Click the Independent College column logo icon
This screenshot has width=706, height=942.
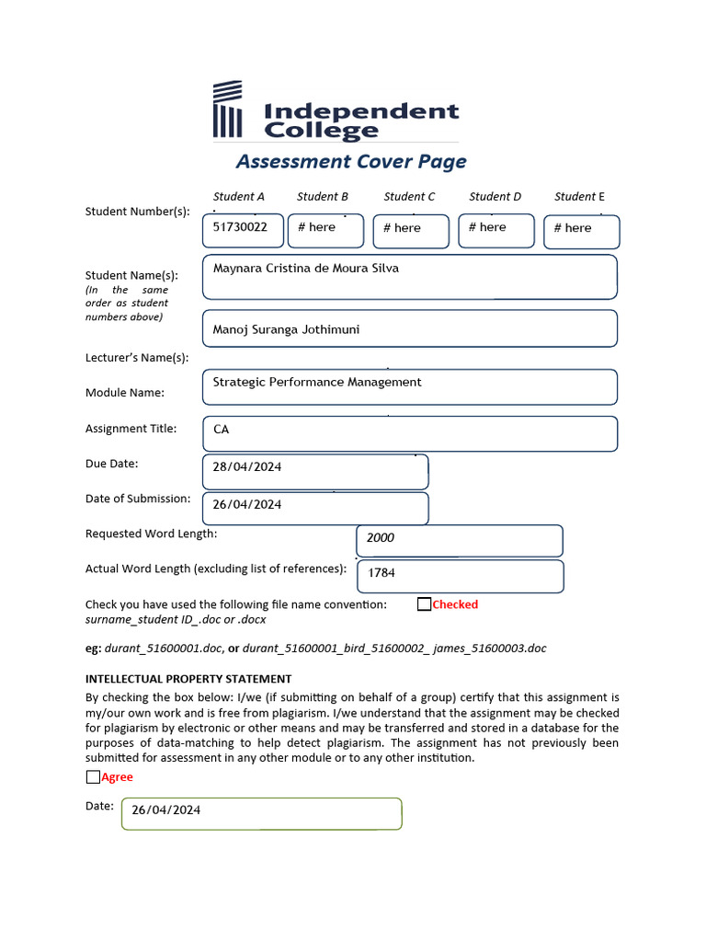point(227,109)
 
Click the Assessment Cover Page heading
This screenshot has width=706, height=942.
point(351,162)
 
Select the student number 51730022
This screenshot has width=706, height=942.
point(240,226)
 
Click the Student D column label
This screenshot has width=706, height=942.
point(495,196)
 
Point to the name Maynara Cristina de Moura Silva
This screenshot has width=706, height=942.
point(306,269)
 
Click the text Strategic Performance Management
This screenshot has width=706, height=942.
point(317,382)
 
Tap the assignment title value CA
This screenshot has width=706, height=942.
point(222,430)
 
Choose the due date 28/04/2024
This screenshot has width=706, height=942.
point(247,467)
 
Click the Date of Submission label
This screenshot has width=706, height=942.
point(138,499)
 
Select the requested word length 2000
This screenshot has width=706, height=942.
point(381,538)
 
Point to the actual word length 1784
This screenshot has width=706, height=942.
point(381,573)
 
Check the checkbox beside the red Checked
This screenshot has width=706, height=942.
point(424,604)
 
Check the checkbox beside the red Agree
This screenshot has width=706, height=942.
point(93,777)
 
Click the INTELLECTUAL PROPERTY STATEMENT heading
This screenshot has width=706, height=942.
point(188,679)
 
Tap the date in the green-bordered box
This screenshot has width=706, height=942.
point(166,810)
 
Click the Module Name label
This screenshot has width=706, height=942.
point(125,393)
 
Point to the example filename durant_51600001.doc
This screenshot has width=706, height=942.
point(164,649)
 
